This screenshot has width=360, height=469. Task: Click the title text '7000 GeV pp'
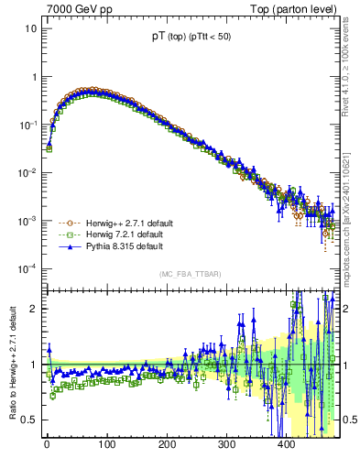pos(73,8)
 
